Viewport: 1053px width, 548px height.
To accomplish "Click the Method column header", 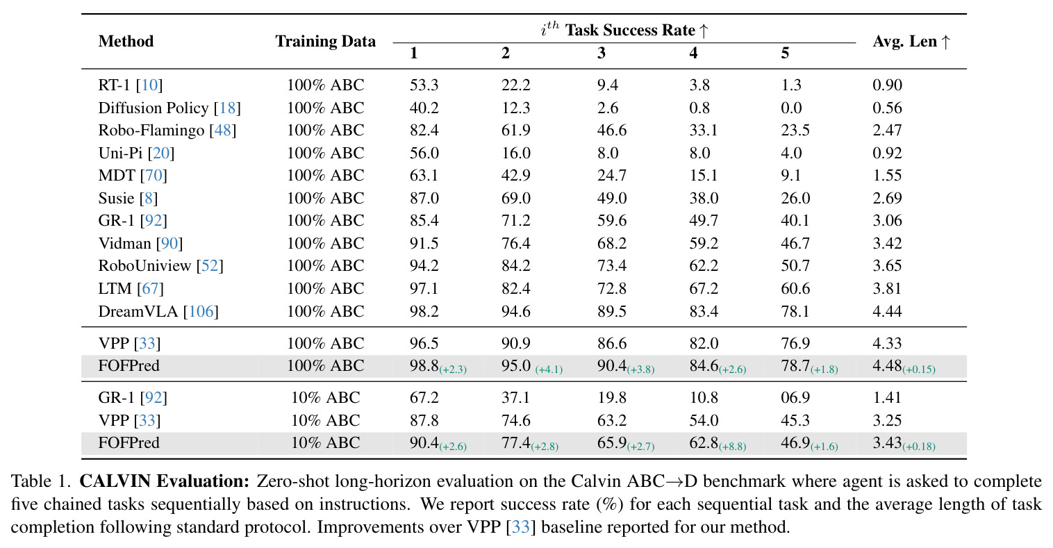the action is pos(126,42).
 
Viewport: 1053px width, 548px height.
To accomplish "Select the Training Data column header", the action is pos(325,42).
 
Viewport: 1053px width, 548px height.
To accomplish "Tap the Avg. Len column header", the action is pos(911,42).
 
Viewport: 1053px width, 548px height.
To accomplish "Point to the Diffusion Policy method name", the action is pos(154,108).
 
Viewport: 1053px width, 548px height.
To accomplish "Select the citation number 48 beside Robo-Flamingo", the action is pos(222,130).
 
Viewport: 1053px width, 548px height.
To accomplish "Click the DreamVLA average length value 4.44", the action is pos(887,311).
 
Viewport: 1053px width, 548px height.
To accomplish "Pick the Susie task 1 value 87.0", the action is pos(424,198).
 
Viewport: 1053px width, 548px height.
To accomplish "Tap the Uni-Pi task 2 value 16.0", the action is pos(515,153).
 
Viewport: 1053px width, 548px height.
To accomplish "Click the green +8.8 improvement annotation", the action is pos(732,447).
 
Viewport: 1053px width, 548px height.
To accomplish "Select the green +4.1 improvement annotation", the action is pos(549,370).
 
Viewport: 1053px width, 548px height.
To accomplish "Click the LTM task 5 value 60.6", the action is pos(795,288).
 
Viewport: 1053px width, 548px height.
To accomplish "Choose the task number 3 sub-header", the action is pos(602,53).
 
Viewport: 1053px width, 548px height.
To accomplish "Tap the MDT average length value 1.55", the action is pos(887,175).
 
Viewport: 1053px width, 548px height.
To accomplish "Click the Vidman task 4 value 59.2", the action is pos(704,243).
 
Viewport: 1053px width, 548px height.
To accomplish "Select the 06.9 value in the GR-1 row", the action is pos(795,397).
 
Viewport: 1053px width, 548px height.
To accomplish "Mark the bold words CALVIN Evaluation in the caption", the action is pos(164,481).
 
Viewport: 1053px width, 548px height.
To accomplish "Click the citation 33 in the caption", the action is pos(520,527).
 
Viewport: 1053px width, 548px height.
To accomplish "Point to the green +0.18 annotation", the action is pos(919,447).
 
